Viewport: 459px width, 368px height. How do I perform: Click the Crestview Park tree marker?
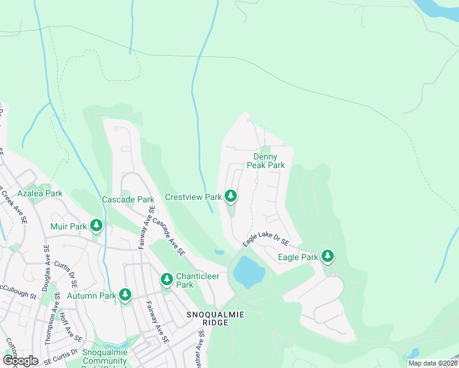[x=230, y=196]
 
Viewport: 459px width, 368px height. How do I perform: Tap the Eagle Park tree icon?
[x=328, y=255]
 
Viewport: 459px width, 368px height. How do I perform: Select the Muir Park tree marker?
[x=96, y=226]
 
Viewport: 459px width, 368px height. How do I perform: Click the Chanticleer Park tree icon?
[x=166, y=279]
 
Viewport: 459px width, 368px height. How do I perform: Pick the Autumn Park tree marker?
[x=125, y=295]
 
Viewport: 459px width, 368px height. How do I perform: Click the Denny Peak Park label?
[x=266, y=161]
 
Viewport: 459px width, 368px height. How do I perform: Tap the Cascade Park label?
[x=128, y=199]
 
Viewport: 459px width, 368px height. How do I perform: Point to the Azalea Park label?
[x=40, y=193]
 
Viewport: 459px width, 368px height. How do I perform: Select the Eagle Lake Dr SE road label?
[x=265, y=236]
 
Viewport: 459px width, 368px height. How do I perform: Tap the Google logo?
[x=20, y=361]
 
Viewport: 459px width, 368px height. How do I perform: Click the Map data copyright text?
[x=433, y=363]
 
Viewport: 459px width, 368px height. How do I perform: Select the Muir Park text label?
[x=69, y=226]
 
